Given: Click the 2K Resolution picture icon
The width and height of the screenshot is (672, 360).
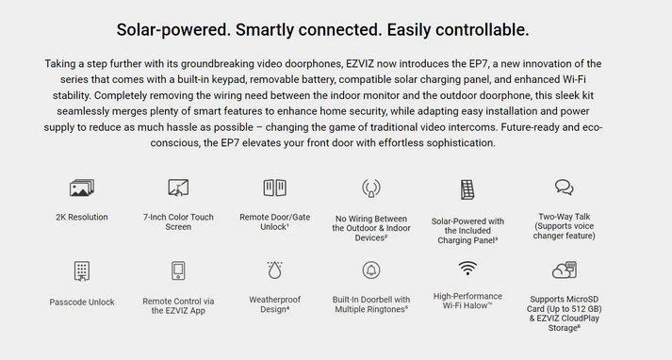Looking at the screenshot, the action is [x=82, y=188].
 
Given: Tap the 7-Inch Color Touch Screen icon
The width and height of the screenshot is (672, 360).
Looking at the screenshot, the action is [x=178, y=188].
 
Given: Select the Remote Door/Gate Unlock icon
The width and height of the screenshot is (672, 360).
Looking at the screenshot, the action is [x=274, y=188].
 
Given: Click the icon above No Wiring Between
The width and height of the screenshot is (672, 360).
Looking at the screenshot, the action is [x=371, y=188].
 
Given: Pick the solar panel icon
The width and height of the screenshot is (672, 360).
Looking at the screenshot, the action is [x=467, y=189].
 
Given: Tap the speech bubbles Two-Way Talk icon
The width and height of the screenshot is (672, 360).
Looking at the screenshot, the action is [x=564, y=188].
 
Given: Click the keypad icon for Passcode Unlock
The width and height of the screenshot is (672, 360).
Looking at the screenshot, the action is [x=82, y=271].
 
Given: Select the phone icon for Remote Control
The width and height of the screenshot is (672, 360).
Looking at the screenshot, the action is [x=178, y=270].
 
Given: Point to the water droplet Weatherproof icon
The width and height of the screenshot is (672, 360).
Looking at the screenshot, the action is [x=274, y=270].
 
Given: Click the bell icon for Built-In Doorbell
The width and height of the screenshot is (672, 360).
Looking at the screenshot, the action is [x=371, y=270].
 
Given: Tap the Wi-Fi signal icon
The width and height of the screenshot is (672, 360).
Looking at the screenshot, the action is [x=467, y=268].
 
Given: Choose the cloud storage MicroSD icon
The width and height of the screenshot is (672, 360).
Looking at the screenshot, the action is [x=565, y=270].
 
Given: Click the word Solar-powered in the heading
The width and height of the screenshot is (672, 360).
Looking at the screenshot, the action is [x=173, y=30].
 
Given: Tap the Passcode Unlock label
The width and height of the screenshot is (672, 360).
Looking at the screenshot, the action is [x=82, y=303].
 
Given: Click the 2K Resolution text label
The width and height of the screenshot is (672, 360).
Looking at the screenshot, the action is [x=82, y=218].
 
